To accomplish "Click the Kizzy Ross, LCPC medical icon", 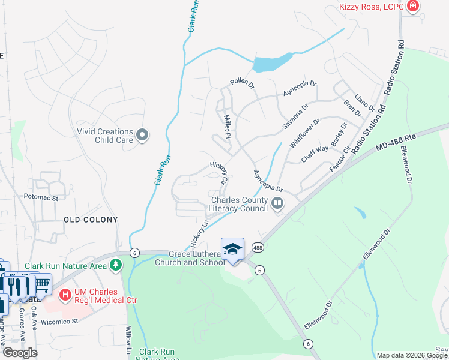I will tap(412, 7).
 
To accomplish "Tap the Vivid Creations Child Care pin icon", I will tap(142, 136).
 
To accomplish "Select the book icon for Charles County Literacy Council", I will tap(277, 204).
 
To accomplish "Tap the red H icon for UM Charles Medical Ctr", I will tap(65, 295).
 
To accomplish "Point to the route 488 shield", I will tap(258, 247).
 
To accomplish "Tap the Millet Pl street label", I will tap(228, 126).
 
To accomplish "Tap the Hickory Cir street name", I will tap(219, 172).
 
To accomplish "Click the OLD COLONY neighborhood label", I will tap(91, 220).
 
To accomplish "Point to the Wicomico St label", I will tap(59, 321).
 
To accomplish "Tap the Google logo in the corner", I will tap(20, 352).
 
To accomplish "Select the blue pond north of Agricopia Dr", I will tap(273, 62).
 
